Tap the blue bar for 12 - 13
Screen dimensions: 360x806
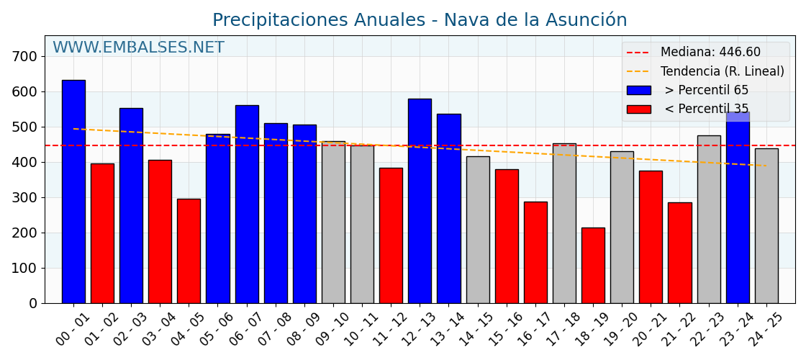click(420, 201)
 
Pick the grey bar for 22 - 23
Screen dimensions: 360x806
click(709, 219)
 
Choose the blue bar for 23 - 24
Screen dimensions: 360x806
click(738, 209)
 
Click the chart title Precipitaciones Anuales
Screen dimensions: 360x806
click(420, 20)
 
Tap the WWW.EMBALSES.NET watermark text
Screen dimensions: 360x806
click(138, 48)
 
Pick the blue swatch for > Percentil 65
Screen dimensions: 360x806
click(638, 91)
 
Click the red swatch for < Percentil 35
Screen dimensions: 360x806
click(638, 109)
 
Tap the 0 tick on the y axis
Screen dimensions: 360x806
click(33, 303)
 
